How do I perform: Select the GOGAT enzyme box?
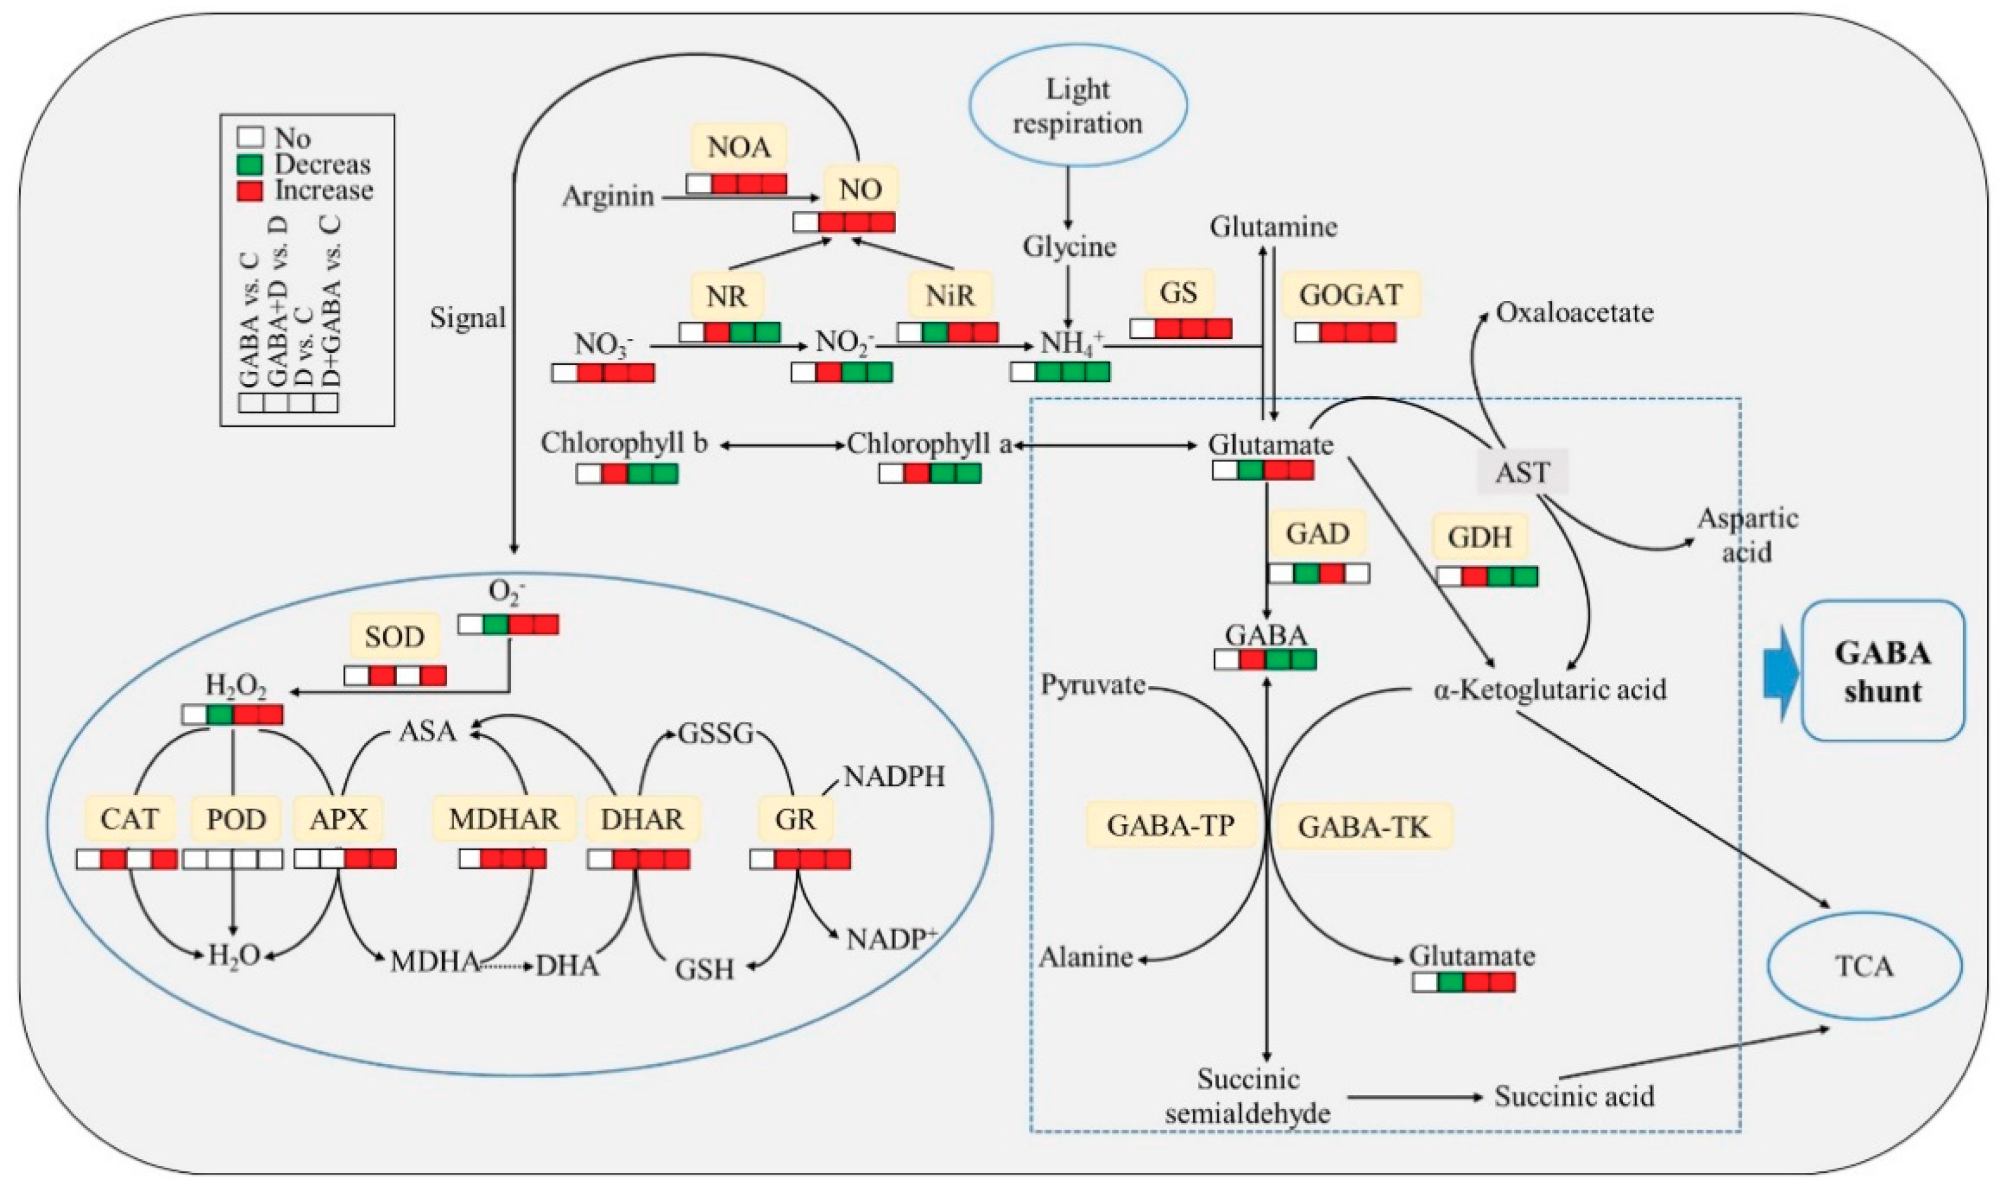[x=1351, y=294]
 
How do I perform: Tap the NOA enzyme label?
[x=739, y=147]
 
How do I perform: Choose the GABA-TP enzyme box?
[x=1171, y=825]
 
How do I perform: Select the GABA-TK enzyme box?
[x=1364, y=826]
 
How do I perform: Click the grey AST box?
[x=1522, y=472]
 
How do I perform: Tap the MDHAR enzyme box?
[x=503, y=819]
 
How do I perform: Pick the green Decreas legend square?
[x=250, y=165]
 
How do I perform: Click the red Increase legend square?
[x=250, y=191]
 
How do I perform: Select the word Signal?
[x=467, y=318]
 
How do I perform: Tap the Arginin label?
[x=608, y=197]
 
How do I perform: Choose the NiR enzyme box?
[x=951, y=295]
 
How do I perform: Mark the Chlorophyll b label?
[x=624, y=443]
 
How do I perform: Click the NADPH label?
[x=894, y=776]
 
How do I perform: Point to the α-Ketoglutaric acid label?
[x=1549, y=689]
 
